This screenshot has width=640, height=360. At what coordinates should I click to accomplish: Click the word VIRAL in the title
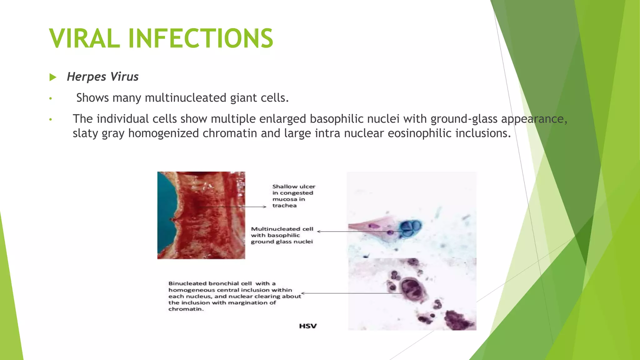coord(84,38)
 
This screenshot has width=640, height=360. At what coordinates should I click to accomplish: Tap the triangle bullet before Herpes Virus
coord(53,77)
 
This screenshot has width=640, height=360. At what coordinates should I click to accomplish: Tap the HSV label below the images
coord(308,326)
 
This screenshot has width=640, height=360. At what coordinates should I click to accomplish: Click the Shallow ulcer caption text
coord(294,187)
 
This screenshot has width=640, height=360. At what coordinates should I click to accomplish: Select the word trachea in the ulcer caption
coord(284,206)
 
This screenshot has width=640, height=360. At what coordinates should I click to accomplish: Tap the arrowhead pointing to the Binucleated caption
coord(303,293)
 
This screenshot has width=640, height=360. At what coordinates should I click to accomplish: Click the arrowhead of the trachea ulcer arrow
coord(265,207)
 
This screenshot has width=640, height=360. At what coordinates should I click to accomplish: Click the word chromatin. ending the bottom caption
coord(186,309)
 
